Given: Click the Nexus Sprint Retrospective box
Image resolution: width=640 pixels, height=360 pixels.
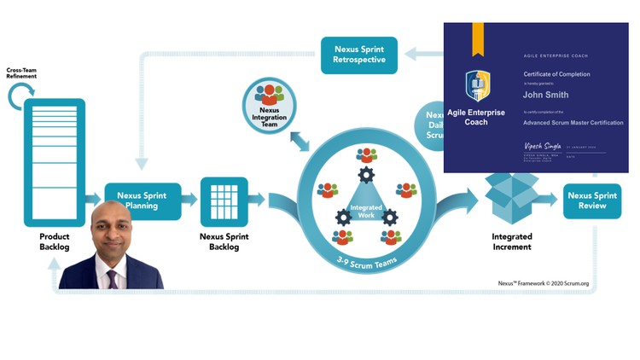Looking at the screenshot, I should point(359,54).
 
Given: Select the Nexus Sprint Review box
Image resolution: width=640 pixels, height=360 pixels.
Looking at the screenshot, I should point(591,200).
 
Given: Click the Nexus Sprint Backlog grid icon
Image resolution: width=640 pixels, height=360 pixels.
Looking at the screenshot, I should point(224,201).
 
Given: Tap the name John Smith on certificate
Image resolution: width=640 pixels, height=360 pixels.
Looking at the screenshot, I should point(546,96).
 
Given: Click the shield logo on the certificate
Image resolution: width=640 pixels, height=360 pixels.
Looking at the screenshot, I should point(477,86).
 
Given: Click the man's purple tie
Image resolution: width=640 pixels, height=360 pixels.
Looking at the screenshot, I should point(112,278).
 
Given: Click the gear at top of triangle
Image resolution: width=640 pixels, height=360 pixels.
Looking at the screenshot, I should point(366,176).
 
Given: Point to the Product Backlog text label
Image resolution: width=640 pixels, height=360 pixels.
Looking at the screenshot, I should point(54,241).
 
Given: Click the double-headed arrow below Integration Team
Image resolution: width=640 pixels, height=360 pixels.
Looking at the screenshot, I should point(300,141).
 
